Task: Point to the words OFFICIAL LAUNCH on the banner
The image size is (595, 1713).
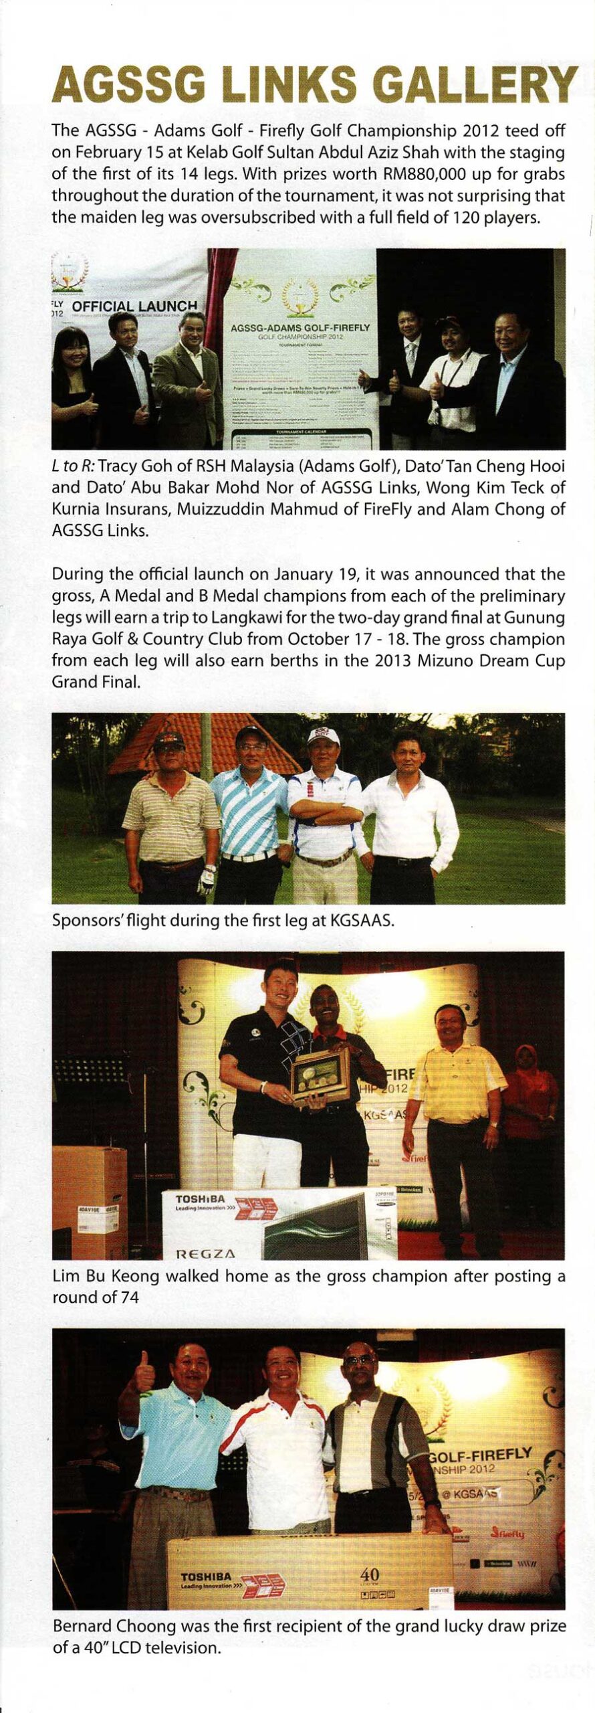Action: (134, 306)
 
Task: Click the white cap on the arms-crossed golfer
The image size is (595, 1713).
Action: (324, 737)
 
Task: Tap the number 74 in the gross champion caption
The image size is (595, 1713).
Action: (129, 1297)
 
